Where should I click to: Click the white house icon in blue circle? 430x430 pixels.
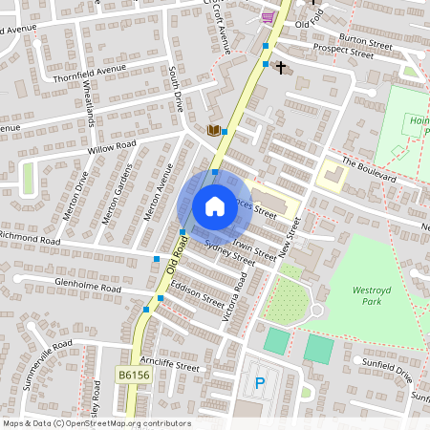(214, 205)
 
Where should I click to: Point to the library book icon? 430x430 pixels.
(214, 130)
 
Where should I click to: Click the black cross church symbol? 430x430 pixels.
(281, 67)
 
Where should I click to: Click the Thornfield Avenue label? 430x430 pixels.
(90, 74)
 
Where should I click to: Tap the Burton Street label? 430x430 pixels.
(365, 43)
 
